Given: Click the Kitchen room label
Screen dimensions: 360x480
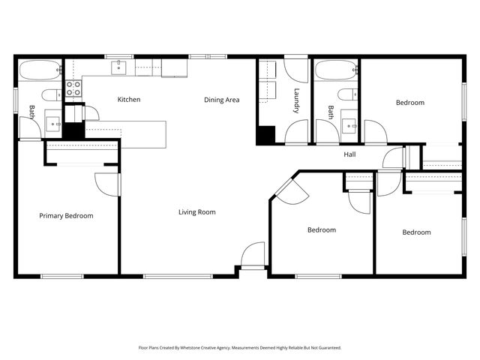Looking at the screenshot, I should (x=129, y=100).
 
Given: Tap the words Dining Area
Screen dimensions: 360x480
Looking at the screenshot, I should (x=222, y=100).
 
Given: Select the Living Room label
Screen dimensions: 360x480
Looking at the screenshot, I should (x=196, y=212).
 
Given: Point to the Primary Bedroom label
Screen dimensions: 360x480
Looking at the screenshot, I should (x=66, y=216).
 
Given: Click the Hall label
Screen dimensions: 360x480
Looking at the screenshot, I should (x=349, y=155).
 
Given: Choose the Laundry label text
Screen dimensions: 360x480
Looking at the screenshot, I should (x=297, y=101).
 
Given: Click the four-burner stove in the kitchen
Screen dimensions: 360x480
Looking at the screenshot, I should (x=73, y=89).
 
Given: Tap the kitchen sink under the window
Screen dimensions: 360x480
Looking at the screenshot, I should (x=120, y=68).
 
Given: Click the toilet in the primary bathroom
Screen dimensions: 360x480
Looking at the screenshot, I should (x=50, y=94).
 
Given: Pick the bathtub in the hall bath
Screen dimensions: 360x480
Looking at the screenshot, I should (x=335, y=71).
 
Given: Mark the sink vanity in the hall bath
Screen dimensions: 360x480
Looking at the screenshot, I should (x=348, y=123).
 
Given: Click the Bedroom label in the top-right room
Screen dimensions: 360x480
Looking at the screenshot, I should (x=409, y=103).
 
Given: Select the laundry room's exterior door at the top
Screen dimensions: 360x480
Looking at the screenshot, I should (x=296, y=69).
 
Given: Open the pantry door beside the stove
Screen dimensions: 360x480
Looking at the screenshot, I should (x=90, y=112).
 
